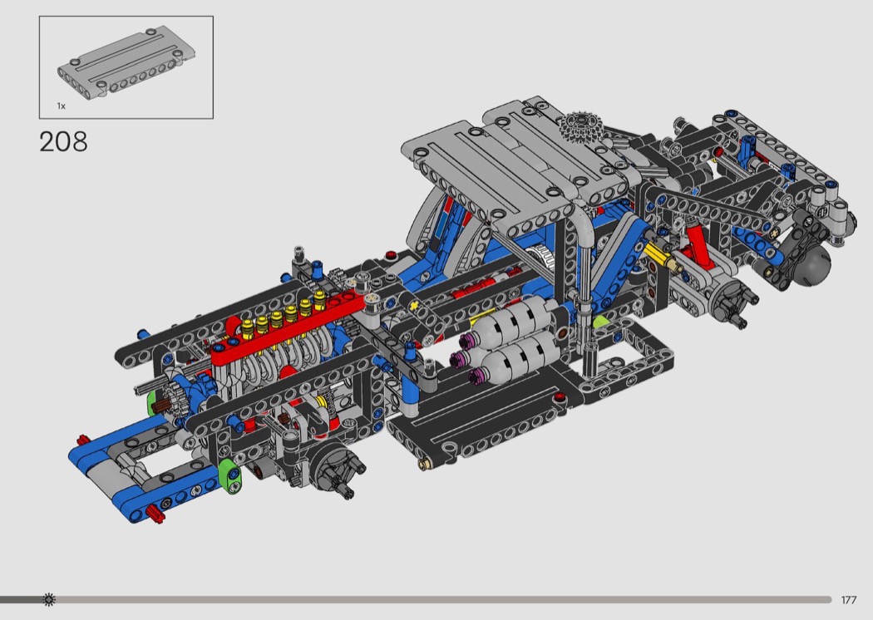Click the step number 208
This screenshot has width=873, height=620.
[63, 142]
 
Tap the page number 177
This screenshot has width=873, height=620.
[849, 600]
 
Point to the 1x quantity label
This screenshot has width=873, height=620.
[61, 106]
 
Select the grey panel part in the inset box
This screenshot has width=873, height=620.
[126, 65]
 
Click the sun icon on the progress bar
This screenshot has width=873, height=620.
[49, 599]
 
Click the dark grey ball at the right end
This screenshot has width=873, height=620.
[813, 265]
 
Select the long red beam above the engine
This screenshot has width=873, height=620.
[289, 328]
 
